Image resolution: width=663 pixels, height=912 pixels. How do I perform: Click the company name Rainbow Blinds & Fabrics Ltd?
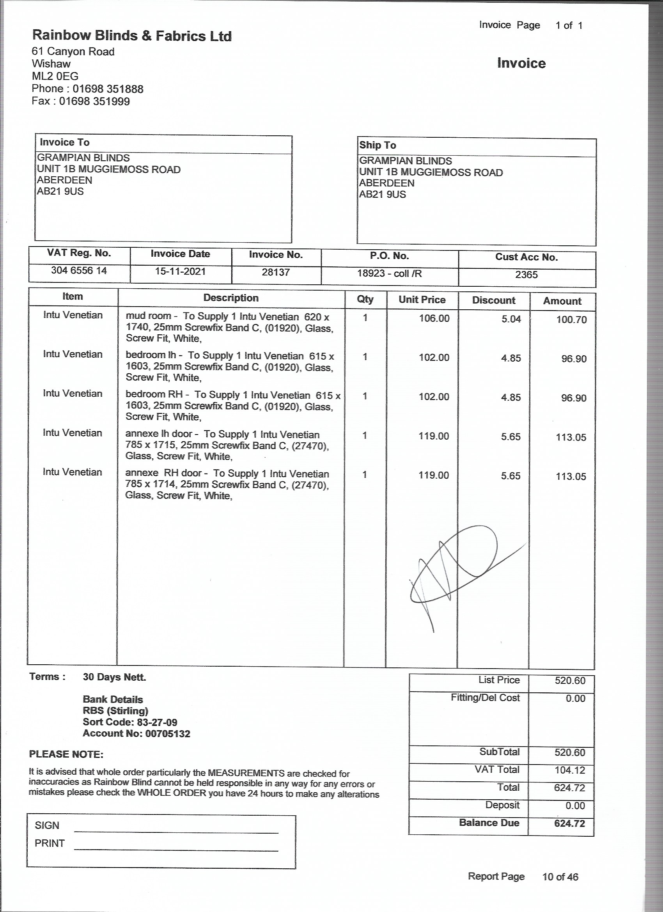132,36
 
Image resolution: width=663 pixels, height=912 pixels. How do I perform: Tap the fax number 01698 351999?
94,101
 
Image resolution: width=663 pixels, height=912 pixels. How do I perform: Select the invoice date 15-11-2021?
180,271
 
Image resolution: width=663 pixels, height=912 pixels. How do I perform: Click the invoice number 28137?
276,272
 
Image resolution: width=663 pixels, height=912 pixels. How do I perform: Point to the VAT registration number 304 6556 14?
79,271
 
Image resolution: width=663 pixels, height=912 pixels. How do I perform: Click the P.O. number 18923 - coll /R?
389,273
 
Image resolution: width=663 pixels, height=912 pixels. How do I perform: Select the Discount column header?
493,300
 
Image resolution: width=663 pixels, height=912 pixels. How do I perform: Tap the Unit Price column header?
422,300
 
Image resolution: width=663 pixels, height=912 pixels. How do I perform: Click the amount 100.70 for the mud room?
571,320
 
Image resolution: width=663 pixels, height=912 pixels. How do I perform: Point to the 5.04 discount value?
511,319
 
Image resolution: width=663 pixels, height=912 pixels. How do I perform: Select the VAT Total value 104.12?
570,770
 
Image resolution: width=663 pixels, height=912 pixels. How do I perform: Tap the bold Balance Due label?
489,823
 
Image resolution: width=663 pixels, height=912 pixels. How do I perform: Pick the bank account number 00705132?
168,733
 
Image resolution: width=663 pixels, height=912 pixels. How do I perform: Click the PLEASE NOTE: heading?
66,754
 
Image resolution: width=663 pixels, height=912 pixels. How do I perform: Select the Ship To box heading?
378,145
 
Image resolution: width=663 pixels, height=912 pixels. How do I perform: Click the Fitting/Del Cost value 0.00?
575,699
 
